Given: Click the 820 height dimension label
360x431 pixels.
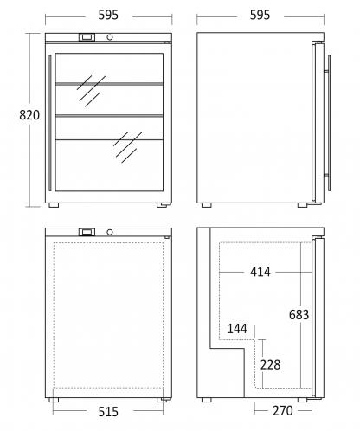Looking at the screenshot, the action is coord(29,115).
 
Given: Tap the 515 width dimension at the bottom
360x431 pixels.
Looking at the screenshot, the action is coord(108,412).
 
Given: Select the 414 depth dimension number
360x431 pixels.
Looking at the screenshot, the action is coord(260,272).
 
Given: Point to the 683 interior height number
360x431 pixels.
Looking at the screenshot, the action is coord(299,315).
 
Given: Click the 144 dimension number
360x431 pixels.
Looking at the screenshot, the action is coord(237,329).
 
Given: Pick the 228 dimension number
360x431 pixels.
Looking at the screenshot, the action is coord(270,365).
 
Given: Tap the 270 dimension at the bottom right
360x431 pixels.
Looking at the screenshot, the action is coord(283,411).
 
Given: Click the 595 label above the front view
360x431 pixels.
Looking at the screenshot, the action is coord(108,15).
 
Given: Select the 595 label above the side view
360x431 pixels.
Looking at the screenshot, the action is coord(260,15).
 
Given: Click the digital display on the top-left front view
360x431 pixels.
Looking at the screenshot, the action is coord(87,37).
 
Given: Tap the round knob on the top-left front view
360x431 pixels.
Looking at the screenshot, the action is coord(110,37).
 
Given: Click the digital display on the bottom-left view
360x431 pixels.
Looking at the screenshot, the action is coord(87,232).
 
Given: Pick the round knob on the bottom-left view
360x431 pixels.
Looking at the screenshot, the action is coord(110,232).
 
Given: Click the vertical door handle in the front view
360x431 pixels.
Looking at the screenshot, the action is coord(50,123).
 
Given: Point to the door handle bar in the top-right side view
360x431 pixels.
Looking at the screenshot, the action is coord(329,123).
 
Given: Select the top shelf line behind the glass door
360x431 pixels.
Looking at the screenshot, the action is coord(109,84).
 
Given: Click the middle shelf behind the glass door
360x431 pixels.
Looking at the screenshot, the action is coord(109,116).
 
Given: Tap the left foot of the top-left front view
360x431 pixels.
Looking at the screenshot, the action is coord(54,205).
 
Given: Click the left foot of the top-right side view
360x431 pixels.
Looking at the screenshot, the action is coord(206,205).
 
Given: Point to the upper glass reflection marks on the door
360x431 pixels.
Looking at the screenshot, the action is coord(91,91).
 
